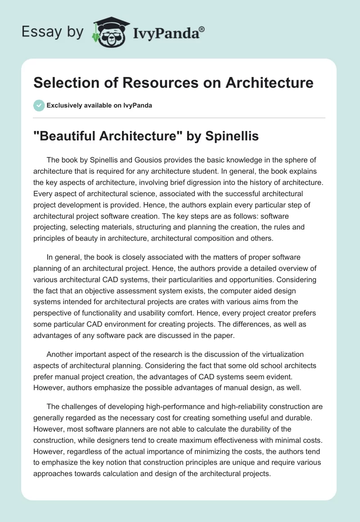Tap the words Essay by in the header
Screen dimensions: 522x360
click(52, 32)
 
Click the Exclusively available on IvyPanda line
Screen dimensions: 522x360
click(99, 105)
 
